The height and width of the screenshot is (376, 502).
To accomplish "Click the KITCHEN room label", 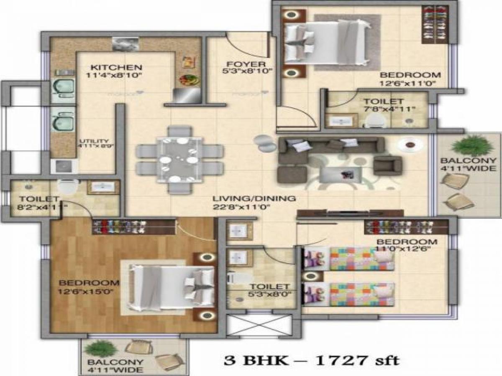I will (x=117, y=67).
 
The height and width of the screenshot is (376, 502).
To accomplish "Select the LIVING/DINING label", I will (x=254, y=198).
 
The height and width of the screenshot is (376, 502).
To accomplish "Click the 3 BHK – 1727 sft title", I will (x=312, y=360).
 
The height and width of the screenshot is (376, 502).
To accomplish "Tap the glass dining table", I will (x=179, y=159).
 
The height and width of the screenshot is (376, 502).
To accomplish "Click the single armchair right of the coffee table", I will (x=387, y=165).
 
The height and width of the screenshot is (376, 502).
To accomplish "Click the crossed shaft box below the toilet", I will (x=259, y=325).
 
